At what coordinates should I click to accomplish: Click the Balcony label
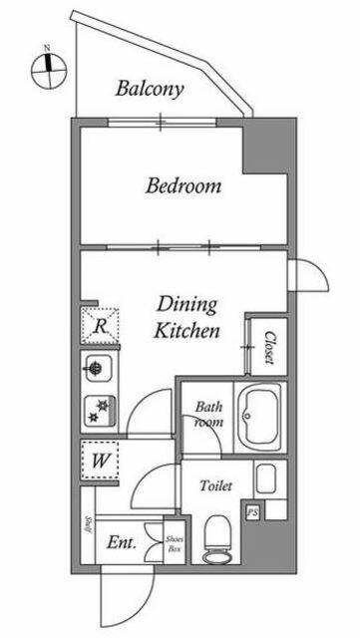point(150,89)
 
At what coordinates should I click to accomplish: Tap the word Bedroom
point(183,186)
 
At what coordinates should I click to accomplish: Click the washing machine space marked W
point(100,461)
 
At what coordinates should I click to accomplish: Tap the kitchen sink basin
point(98,369)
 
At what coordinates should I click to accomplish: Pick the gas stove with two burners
point(100,410)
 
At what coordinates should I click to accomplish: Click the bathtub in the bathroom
point(260,417)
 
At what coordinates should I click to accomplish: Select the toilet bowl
point(216,539)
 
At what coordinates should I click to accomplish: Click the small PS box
point(253,512)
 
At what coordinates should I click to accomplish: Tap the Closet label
point(269,347)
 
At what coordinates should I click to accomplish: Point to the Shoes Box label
point(175,543)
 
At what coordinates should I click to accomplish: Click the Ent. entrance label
point(122,542)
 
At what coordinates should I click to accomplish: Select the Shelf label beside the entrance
point(88,525)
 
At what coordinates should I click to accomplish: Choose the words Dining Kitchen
point(186,318)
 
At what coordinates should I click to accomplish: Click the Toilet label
point(215,485)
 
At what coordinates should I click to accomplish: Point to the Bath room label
point(208,414)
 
